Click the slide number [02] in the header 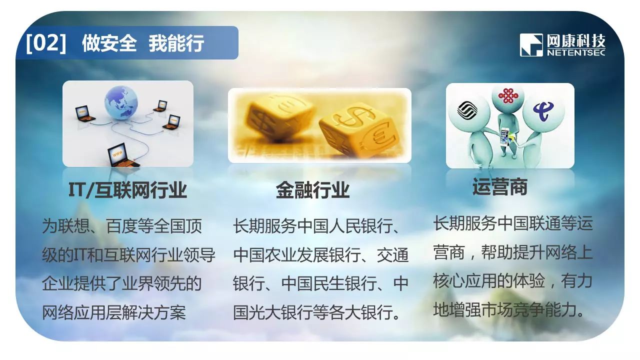point(45,43)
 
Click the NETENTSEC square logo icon point(531,45)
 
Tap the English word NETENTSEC point(576,52)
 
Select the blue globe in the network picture point(121,103)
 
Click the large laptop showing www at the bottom point(123,155)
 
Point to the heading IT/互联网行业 point(127,190)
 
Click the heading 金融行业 point(312,190)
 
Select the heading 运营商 point(499,186)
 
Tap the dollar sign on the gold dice point(352,116)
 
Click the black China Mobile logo point(466,110)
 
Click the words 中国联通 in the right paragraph point(529,223)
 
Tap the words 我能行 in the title point(176,43)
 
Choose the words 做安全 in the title point(109,43)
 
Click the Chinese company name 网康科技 point(576,41)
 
